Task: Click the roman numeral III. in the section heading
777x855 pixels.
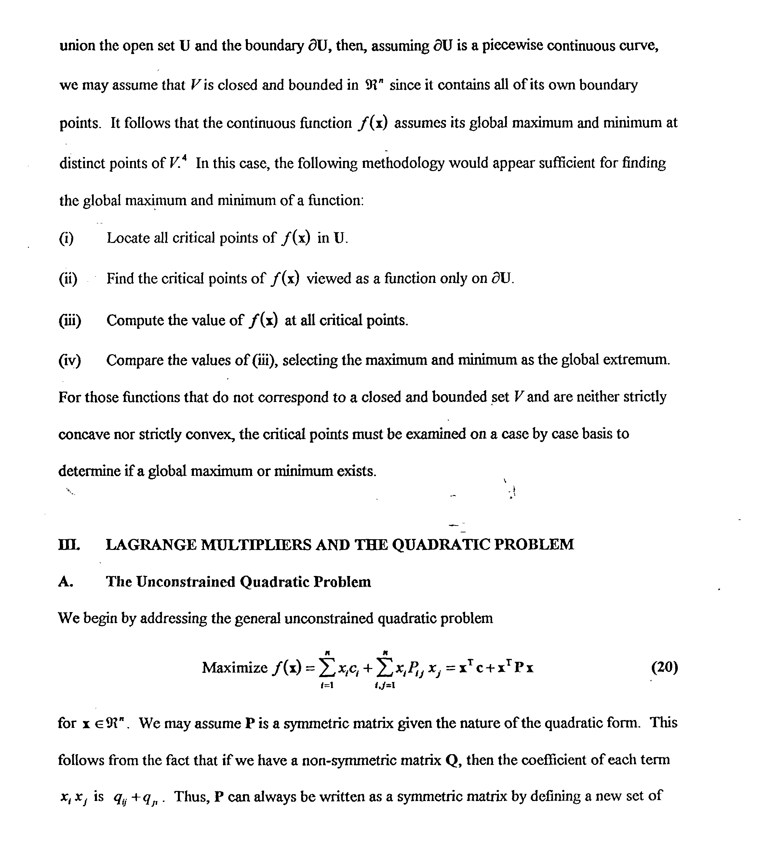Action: (69, 544)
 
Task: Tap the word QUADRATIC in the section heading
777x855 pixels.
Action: (441, 544)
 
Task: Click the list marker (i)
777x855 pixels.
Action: (66, 238)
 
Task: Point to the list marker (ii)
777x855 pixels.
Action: (68, 279)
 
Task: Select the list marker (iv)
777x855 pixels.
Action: (70, 360)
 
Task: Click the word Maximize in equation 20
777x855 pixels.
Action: (234, 668)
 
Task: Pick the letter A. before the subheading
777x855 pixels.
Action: (65, 582)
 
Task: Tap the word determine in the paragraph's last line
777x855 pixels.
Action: (89, 471)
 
